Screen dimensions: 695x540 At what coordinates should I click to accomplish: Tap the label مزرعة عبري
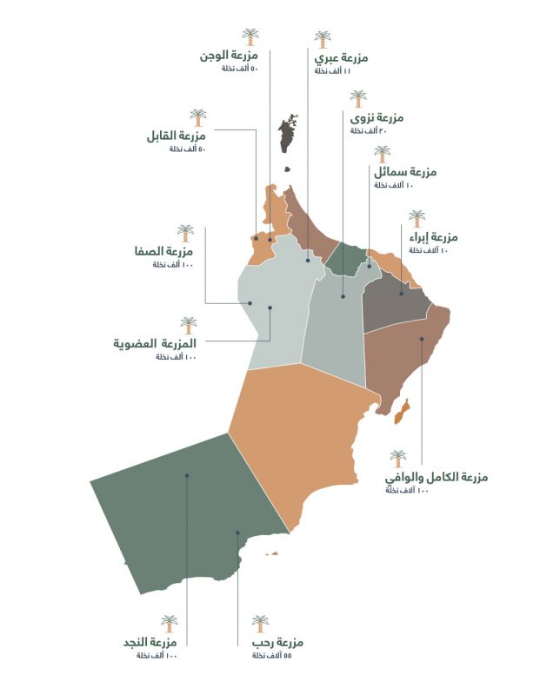(x=340, y=58)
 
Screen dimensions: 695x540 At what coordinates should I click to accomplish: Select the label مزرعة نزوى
(x=377, y=117)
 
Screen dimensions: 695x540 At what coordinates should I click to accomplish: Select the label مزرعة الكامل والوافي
(x=436, y=477)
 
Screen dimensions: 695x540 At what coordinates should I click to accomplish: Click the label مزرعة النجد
(x=152, y=642)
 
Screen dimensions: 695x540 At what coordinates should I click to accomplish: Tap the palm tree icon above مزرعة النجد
(x=169, y=624)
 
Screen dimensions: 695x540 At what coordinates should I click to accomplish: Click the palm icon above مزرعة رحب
(x=260, y=624)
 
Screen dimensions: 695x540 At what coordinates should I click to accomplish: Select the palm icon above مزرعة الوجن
(x=250, y=36)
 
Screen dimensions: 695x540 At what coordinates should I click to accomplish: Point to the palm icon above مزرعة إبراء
(x=417, y=218)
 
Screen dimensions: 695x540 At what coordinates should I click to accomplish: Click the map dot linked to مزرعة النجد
(x=187, y=475)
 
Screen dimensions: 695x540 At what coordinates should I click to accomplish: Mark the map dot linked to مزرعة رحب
(x=237, y=533)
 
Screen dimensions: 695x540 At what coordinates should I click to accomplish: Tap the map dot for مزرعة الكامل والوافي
(x=422, y=340)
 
